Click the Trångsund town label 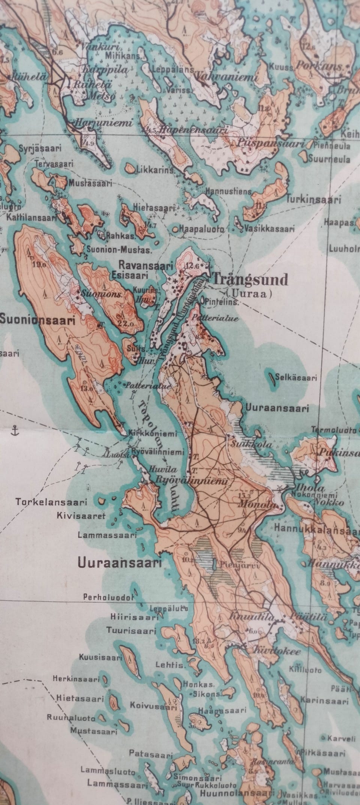coord(250,279)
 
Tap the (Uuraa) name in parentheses coord(249,294)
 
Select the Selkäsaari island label coord(296,378)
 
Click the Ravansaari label coord(145,266)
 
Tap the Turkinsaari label coord(313,200)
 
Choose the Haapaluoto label coord(202,229)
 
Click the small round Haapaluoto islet coord(175,229)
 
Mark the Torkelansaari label coord(51,502)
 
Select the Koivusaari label coord(153,706)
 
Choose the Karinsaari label coord(324,701)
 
